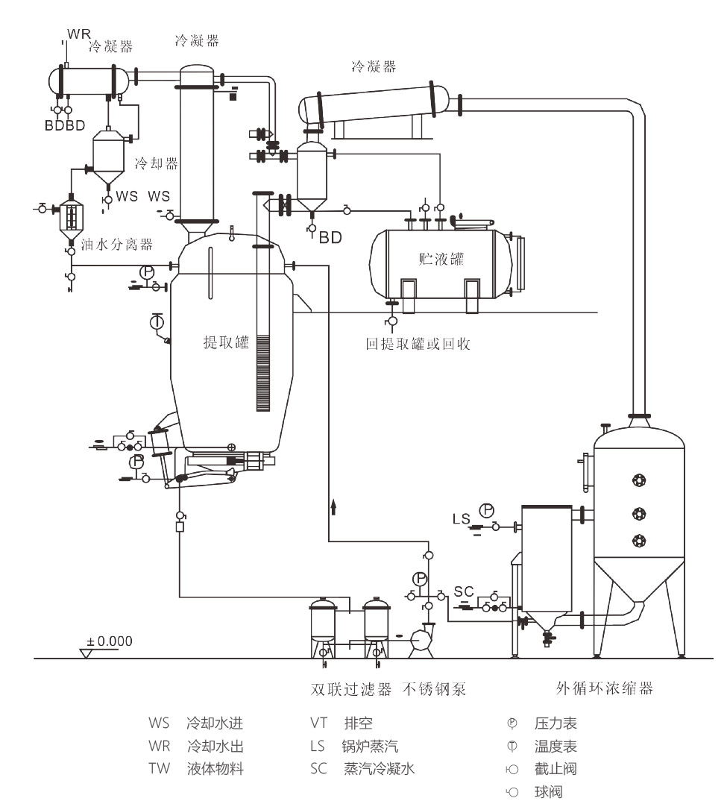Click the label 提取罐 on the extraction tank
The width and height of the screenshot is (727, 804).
tap(225, 342)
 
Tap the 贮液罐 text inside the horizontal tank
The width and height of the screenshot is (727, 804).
tap(441, 260)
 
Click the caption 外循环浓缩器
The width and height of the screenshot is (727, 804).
tap(605, 688)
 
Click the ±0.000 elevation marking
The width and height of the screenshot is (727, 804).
tap(110, 641)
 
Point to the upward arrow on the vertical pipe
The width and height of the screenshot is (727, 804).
tap(333, 507)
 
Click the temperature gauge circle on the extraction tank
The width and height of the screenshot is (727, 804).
tap(157, 322)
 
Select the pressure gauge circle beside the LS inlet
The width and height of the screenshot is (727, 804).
tap(486, 510)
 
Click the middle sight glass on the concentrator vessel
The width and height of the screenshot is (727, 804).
tap(638, 512)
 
